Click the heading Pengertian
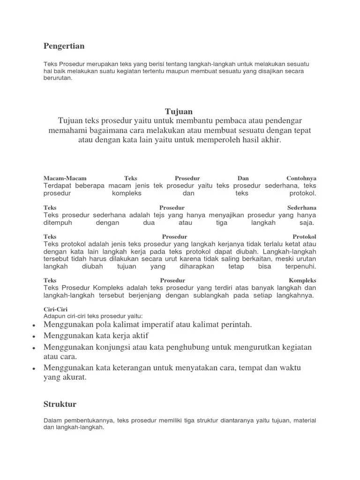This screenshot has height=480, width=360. click(x=64, y=46)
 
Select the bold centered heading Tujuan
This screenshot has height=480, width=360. click(x=179, y=111)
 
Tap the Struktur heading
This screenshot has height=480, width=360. click(x=60, y=404)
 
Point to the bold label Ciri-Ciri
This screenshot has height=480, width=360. click(x=53, y=309)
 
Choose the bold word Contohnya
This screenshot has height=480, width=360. click(x=301, y=179)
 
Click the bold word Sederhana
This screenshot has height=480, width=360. click(x=302, y=208)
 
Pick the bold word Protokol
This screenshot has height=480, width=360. click(x=304, y=237)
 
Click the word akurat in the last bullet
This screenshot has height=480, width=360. click(x=75, y=378)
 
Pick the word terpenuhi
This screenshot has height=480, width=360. click(x=299, y=266)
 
